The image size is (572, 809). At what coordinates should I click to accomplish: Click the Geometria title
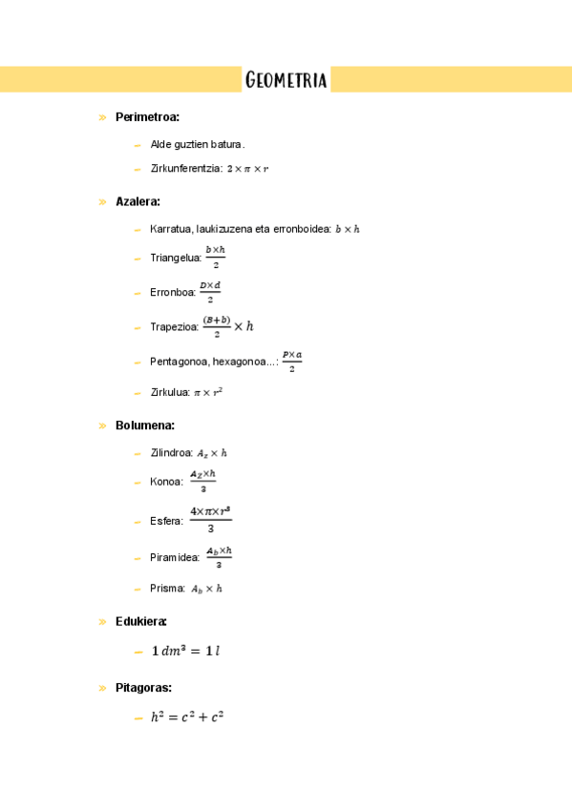[286, 80]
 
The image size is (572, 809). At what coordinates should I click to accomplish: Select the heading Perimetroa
[147, 117]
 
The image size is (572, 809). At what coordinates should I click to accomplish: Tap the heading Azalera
[138, 201]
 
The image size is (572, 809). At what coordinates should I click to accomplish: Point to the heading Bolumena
[144, 425]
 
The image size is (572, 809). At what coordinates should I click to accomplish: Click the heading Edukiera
[141, 621]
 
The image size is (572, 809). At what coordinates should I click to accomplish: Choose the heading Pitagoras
[143, 687]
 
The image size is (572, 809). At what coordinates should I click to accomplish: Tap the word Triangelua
[176, 258]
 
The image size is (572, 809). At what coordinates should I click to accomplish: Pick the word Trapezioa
[174, 327]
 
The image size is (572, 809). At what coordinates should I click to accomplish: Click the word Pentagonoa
[180, 362]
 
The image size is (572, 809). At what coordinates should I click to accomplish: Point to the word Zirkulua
[170, 392]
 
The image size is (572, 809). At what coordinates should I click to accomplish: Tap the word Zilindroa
[172, 453]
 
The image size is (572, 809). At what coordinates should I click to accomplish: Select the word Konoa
[166, 482]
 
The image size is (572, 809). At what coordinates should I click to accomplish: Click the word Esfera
[166, 521]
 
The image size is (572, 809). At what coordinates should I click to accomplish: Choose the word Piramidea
[175, 558]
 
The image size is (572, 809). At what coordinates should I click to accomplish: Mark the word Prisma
[168, 589]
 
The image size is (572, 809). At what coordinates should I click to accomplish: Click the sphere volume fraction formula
[210, 520]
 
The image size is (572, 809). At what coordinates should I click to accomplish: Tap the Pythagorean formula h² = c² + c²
[187, 717]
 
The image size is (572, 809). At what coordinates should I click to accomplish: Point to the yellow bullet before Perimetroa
[101, 117]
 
